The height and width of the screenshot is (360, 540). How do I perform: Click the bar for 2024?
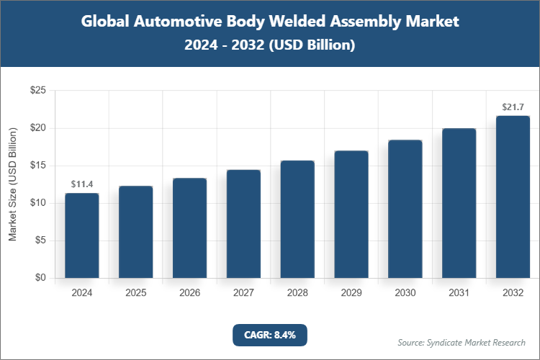click(x=81, y=235)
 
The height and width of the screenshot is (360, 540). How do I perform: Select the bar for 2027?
click(x=243, y=224)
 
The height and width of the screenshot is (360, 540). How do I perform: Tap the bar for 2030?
click(x=405, y=209)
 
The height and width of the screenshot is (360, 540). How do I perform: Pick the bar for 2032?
click(x=513, y=197)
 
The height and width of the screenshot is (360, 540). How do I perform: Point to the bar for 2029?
click(x=351, y=215)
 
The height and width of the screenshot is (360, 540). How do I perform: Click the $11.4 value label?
click(x=82, y=185)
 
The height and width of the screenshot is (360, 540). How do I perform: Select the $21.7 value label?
click(x=513, y=107)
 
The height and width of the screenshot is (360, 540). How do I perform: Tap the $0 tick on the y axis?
click(x=41, y=278)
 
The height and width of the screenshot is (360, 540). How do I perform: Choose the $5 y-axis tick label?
click(x=41, y=240)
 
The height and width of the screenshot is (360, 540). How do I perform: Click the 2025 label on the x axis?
click(x=135, y=293)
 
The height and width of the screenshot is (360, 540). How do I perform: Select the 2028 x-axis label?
click(x=297, y=293)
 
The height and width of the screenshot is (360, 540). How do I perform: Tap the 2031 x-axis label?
click(x=459, y=293)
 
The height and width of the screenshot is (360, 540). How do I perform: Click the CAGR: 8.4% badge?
click(x=270, y=334)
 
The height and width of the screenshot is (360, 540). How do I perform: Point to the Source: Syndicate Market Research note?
click(x=462, y=342)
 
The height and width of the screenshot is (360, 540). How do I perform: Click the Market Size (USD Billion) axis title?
click(x=12, y=184)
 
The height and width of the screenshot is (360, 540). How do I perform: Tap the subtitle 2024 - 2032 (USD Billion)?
click(x=270, y=45)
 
